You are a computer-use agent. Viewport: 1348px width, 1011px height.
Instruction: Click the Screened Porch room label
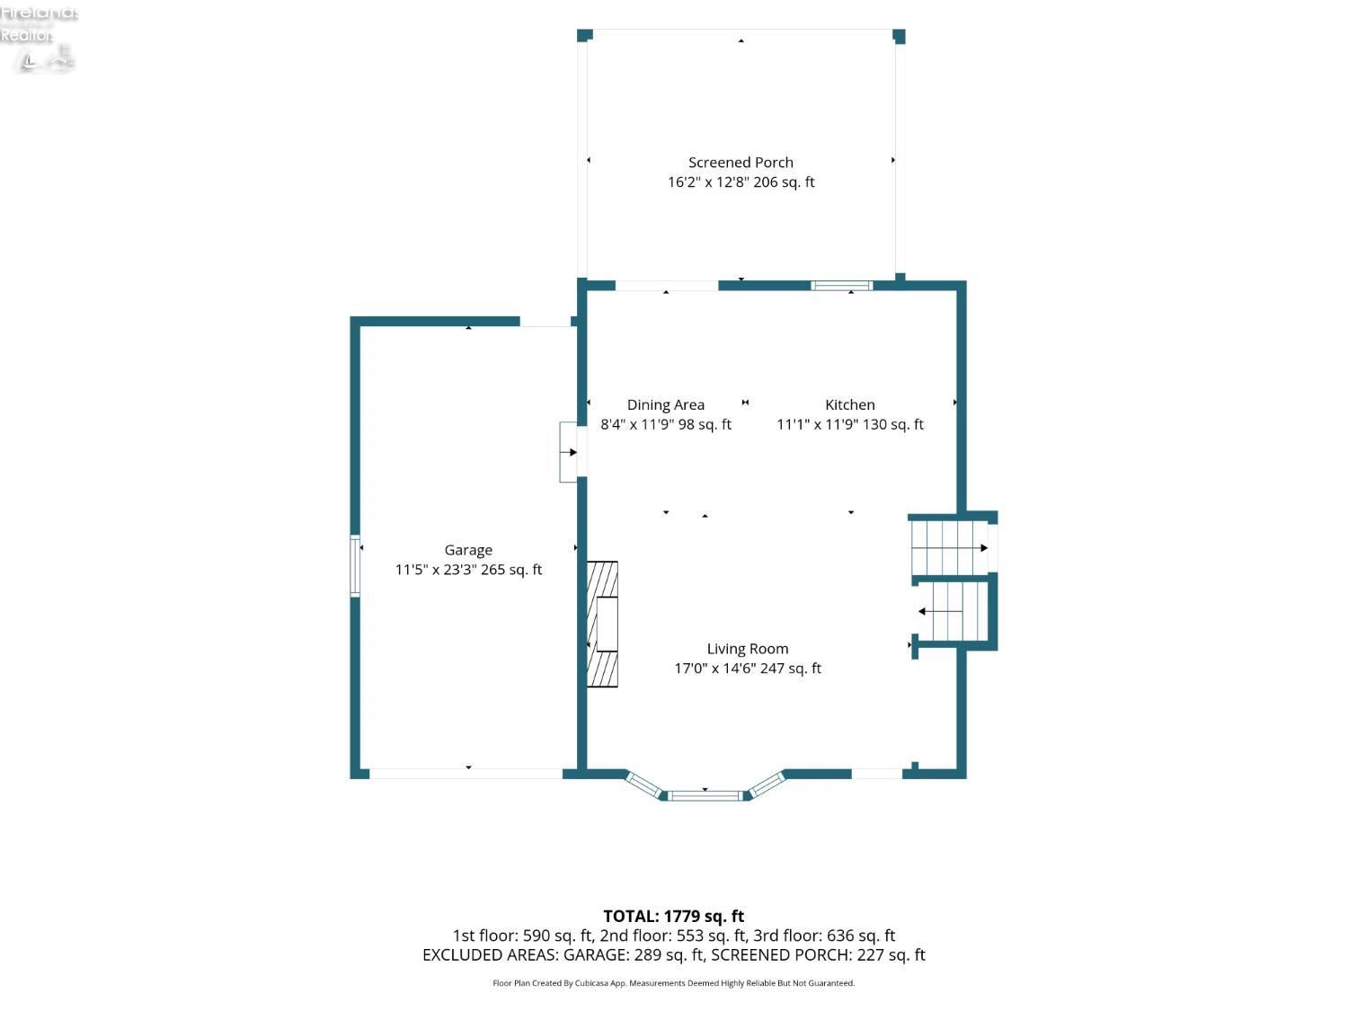pyautogui.click(x=741, y=163)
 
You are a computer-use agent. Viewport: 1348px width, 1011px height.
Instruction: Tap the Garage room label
pyautogui.click(x=468, y=551)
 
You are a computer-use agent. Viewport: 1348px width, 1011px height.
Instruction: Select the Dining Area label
pyautogui.click(x=665, y=405)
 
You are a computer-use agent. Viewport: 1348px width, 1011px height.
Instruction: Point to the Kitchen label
pyautogui.click(x=850, y=404)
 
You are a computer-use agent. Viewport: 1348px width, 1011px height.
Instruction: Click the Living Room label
pyautogui.click(x=748, y=649)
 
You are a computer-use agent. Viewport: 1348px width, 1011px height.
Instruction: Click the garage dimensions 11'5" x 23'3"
pyautogui.click(x=436, y=570)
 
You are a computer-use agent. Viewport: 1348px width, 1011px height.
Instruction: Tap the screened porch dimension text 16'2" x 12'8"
pyautogui.click(x=707, y=182)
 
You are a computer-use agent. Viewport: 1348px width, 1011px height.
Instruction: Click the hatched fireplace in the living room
pyautogui.click(x=602, y=624)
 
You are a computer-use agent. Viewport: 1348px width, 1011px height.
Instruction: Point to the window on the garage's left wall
pyautogui.click(x=355, y=566)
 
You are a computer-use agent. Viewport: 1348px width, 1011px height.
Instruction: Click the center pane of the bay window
pyautogui.click(x=705, y=796)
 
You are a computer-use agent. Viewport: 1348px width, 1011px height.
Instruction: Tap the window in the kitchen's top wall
pyautogui.click(x=841, y=286)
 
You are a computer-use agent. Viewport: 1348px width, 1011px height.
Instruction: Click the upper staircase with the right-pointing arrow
pyautogui.click(x=951, y=547)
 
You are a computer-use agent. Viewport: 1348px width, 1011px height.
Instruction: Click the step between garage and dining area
pyautogui.click(x=568, y=452)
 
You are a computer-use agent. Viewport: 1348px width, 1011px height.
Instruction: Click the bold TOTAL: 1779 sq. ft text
pyautogui.click(x=674, y=917)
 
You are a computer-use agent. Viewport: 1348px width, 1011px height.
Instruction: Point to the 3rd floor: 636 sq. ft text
pyautogui.click(x=824, y=936)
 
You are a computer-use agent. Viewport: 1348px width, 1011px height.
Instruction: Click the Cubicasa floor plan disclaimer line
pyautogui.click(x=674, y=983)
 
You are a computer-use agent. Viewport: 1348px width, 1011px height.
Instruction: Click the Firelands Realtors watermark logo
pyautogui.click(x=39, y=37)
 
